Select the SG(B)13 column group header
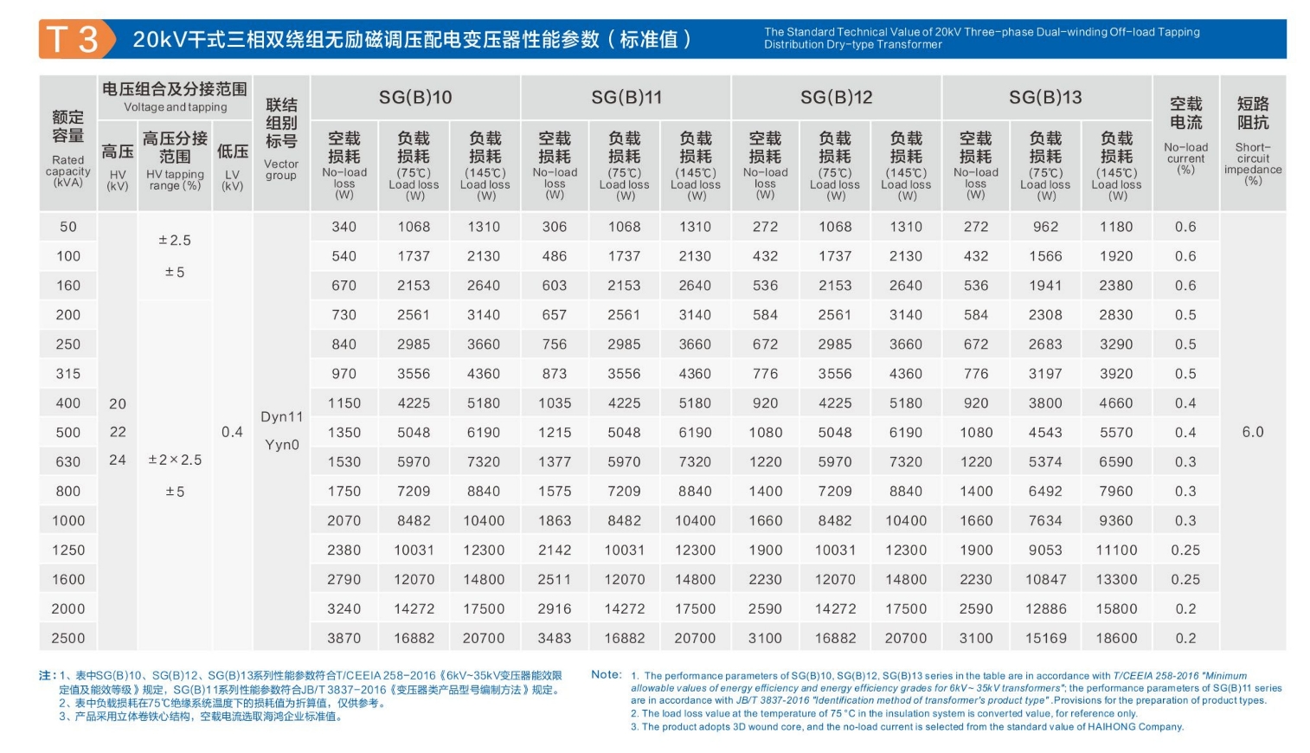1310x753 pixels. pyautogui.click(x=1045, y=98)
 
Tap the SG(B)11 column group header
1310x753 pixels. pyautogui.click(x=626, y=98)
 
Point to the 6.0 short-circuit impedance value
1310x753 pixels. pyautogui.click(x=1252, y=432)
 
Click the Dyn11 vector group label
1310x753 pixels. pyautogui.click(x=282, y=416)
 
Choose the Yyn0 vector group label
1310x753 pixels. pyautogui.click(x=282, y=445)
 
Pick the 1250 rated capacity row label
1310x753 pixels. pyautogui.click(x=68, y=550)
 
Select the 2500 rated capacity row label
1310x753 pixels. pyautogui.click(x=68, y=638)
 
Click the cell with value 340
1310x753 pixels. pyautogui.click(x=344, y=227)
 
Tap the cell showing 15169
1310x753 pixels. pyautogui.click(x=1045, y=638)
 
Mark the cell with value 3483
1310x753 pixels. pyautogui.click(x=555, y=638)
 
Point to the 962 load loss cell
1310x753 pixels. pyautogui.click(x=1045, y=227)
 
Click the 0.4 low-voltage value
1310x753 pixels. pyautogui.click(x=232, y=432)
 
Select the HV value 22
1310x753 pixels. pyautogui.click(x=118, y=432)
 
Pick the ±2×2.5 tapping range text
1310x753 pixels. pyautogui.click(x=175, y=460)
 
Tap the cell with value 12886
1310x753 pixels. pyautogui.click(x=1045, y=608)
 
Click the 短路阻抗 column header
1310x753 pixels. pyautogui.click(x=1252, y=113)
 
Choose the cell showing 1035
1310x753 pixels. pyautogui.click(x=555, y=403)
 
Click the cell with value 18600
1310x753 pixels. pyautogui.click(x=1116, y=638)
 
